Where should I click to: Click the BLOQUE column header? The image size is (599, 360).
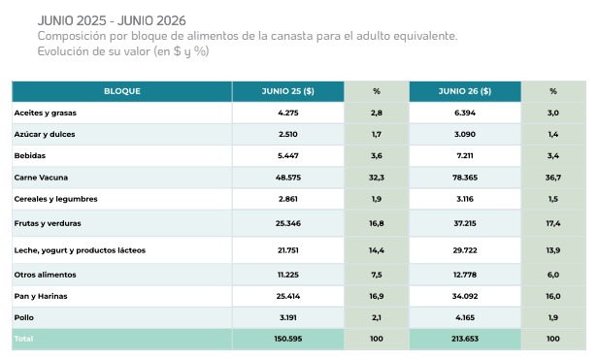tap(122, 91)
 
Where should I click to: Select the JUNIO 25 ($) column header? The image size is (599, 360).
tap(288, 91)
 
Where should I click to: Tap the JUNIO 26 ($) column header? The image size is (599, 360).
tap(465, 91)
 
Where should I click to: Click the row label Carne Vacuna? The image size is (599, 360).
tap(41, 178)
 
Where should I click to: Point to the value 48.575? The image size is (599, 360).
tap(288, 178)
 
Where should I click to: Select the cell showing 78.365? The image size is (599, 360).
tap(465, 178)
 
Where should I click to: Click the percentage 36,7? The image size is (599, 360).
tap(553, 178)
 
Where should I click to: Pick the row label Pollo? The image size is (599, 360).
tap(23, 317)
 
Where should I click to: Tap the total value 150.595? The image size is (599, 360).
tap(288, 339)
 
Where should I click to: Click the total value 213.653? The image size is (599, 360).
tap(465, 339)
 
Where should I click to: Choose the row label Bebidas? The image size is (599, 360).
tap(30, 156)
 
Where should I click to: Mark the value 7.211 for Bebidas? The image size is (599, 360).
tap(465, 156)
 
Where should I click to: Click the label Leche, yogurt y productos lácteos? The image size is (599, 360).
tap(80, 250)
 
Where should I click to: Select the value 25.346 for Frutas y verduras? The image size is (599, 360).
tap(288, 223)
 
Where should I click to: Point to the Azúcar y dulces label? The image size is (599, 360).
tap(45, 134)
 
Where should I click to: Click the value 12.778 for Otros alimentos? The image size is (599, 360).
tap(465, 275)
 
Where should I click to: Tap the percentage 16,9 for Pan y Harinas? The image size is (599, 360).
tap(377, 296)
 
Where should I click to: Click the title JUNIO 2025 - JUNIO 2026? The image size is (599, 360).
tap(112, 20)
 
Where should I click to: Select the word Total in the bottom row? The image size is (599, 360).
tap(23, 339)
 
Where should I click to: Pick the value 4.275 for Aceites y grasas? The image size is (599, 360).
tap(288, 113)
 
